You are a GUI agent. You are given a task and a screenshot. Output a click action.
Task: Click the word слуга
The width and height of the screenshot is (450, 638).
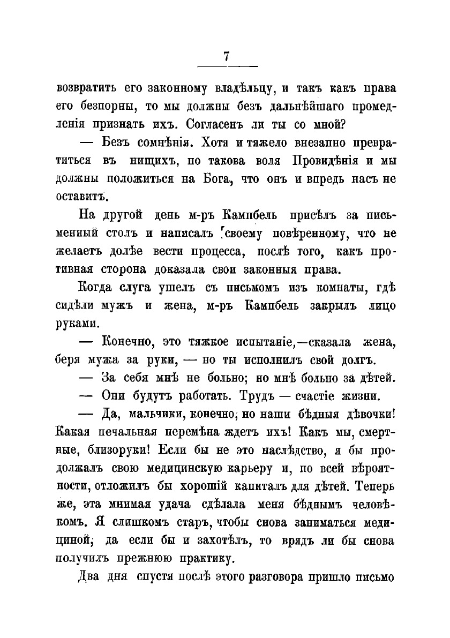[x=123, y=290]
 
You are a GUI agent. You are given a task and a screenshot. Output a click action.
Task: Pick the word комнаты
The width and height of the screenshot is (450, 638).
[x=320, y=290]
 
